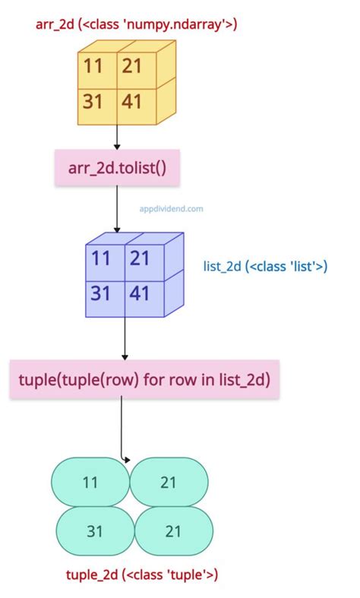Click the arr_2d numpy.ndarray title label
(x=136, y=25)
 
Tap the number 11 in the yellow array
(x=93, y=66)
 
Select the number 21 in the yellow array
(x=132, y=66)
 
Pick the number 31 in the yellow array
(x=93, y=102)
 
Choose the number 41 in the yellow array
(x=131, y=102)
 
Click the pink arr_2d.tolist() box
(x=117, y=168)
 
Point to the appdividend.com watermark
(x=171, y=209)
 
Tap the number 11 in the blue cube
(x=101, y=258)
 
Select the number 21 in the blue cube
(x=140, y=258)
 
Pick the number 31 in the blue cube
(x=100, y=293)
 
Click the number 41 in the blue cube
(x=139, y=293)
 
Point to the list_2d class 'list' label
(x=265, y=266)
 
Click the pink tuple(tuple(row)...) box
(x=144, y=379)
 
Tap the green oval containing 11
(x=91, y=482)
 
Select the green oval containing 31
(x=96, y=531)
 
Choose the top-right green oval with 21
(x=169, y=482)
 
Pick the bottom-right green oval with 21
(x=174, y=531)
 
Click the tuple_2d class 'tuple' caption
(x=142, y=574)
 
